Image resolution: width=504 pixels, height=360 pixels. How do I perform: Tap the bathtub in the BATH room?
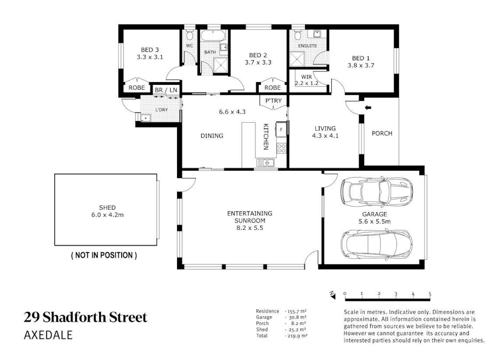click(x=213, y=36)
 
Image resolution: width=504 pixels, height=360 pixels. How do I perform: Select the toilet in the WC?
click(x=189, y=36)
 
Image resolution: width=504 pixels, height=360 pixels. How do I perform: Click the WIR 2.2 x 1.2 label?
click(x=306, y=80)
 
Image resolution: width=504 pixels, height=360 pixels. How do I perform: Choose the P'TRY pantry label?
click(x=273, y=101)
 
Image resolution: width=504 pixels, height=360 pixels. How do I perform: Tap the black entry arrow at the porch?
click(x=368, y=109)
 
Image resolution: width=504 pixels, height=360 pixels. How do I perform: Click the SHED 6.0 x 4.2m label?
click(x=107, y=211)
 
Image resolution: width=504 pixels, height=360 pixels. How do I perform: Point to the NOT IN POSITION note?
click(x=104, y=255)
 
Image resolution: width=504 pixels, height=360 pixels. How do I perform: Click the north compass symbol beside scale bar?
click(x=332, y=293)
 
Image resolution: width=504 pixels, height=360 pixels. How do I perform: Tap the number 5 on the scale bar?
click(x=429, y=294)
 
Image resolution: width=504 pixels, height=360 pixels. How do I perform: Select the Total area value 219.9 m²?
click(x=297, y=336)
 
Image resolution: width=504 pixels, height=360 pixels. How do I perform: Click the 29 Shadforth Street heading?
click(x=85, y=317)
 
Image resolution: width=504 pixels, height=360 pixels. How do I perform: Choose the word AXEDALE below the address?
click(x=49, y=335)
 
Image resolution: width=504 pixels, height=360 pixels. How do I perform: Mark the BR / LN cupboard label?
click(x=166, y=91)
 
